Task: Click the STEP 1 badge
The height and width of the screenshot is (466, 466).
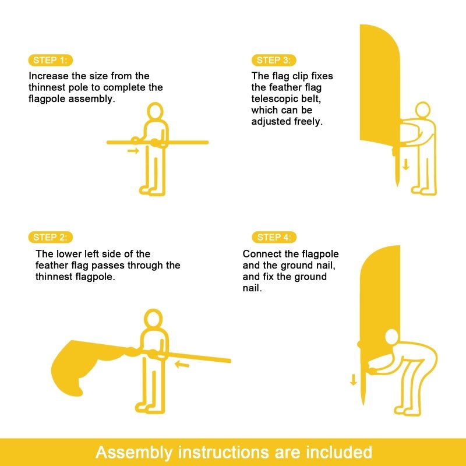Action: coord(51,61)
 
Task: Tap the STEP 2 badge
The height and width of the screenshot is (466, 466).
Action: coord(51,237)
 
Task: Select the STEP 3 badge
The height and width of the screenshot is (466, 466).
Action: coord(274,61)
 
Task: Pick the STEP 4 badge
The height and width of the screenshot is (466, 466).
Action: coord(274,237)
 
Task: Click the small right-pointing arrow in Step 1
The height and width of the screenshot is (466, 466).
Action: coord(133,151)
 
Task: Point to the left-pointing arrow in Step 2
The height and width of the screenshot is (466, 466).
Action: coord(182,363)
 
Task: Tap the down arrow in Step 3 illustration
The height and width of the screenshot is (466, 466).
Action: coord(405,164)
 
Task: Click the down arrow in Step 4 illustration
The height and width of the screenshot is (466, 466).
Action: coord(354,380)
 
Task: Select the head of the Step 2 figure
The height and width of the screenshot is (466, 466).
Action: coord(153,318)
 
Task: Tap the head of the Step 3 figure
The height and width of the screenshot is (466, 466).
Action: coord(422,110)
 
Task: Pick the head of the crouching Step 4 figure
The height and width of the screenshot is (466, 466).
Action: coord(391,337)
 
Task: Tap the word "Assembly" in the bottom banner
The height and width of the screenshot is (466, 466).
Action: coord(134,453)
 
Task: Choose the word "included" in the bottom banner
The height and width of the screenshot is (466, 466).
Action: coord(339,452)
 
